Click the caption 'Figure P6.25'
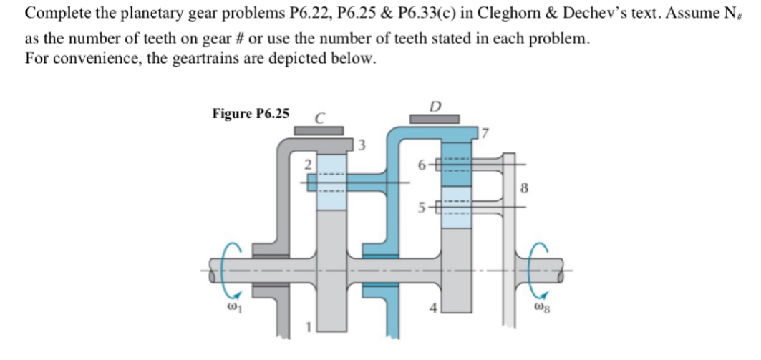click(x=251, y=113)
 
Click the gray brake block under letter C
click(x=319, y=130)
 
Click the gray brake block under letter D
click(x=434, y=118)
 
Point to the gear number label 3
click(x=362, y=146)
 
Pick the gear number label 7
click(x=484, y=134)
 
